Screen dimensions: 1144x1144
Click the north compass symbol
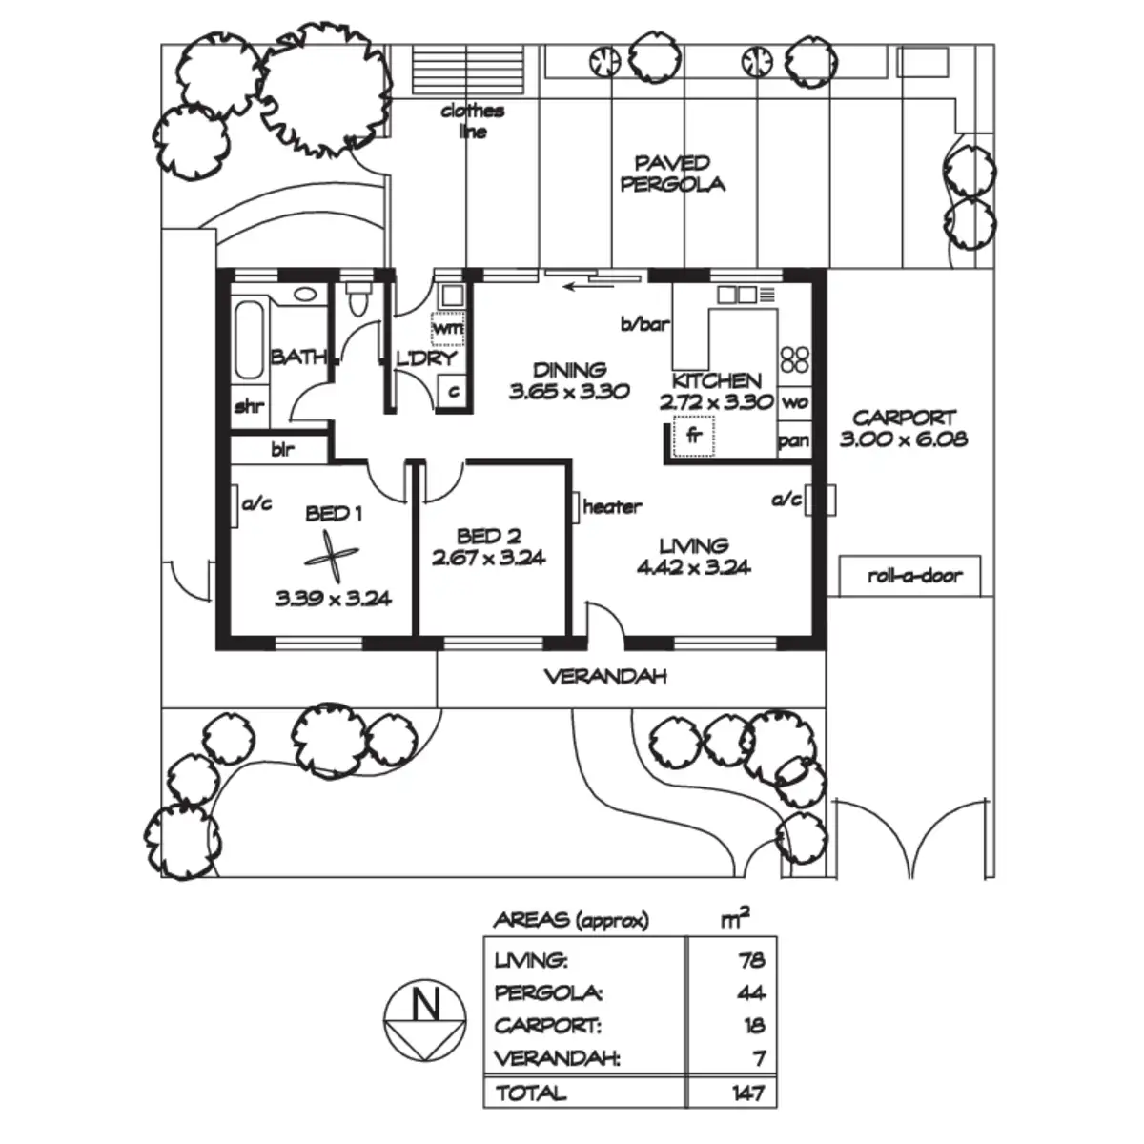pyautogui.click(x=424, y=1020)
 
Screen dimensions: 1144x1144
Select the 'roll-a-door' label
pyautogui.click(x=914, y=575)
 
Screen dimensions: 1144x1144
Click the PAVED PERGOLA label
pyautogui.click(x=672, y=174)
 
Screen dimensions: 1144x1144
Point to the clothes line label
pyautogui.click(x=473, y=121)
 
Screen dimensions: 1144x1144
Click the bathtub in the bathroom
pyautogui.click(x=250, y=340)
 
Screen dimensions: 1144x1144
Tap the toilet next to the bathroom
pyautogui.click(x=358, y=298)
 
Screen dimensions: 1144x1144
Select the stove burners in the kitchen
pyautogui.click(x=794, y=359)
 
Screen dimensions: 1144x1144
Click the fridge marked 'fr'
pyautogui.click(x=694, y=437)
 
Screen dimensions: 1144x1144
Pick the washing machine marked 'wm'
pyautogui.click(x=448, y=328)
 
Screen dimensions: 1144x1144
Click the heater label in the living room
pyautogui.click(x=612, y=506)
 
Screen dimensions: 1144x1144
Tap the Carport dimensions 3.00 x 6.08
pyautogui.click(x=904, y=439)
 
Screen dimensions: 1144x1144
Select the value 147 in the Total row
pyautogui.click(x=748, y=1093)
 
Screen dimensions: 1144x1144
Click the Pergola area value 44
pyautogui.click(x=750, y=992)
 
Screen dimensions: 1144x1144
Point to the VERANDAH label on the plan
pyautogui.click(x=605, y=676)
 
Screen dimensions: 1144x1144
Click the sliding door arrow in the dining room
pyautogui.click(x=588, y=287)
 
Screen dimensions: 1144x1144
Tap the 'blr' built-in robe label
pyautogui.click(x=282, y=449)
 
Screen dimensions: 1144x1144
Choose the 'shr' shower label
pyautogui.click(x=250, y=407)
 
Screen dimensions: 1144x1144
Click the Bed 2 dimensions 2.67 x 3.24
pyautogui.click(x=488, y=558)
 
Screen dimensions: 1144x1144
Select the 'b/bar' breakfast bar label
pyautogui.click(x=645, y=324)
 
